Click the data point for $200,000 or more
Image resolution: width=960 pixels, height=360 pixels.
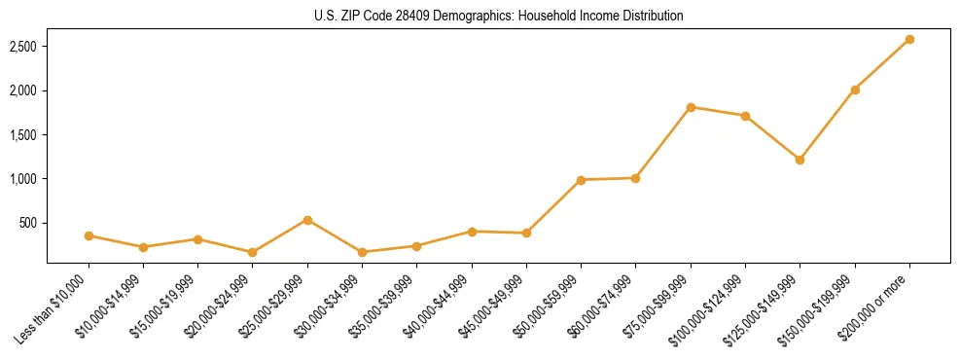click(909, 39)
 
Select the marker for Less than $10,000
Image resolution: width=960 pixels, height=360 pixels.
click(89, 235)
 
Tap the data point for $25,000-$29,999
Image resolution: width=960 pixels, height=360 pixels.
click(307, 220)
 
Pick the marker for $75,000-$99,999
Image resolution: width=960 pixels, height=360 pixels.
click(691, 107)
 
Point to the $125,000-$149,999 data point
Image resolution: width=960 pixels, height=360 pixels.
click(800, 160)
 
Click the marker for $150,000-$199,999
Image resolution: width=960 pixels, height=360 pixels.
click(855, 90)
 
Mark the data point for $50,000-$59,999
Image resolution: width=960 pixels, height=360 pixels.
click(581, 180)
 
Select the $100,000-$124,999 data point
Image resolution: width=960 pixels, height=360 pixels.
click(745, 116)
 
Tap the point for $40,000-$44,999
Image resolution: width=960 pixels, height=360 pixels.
click(472, 232)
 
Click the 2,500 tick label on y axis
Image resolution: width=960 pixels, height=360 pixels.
click(22, 47)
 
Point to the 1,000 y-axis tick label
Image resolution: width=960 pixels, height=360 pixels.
click(22, 179)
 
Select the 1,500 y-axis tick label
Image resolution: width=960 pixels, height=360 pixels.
click(22, 135)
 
